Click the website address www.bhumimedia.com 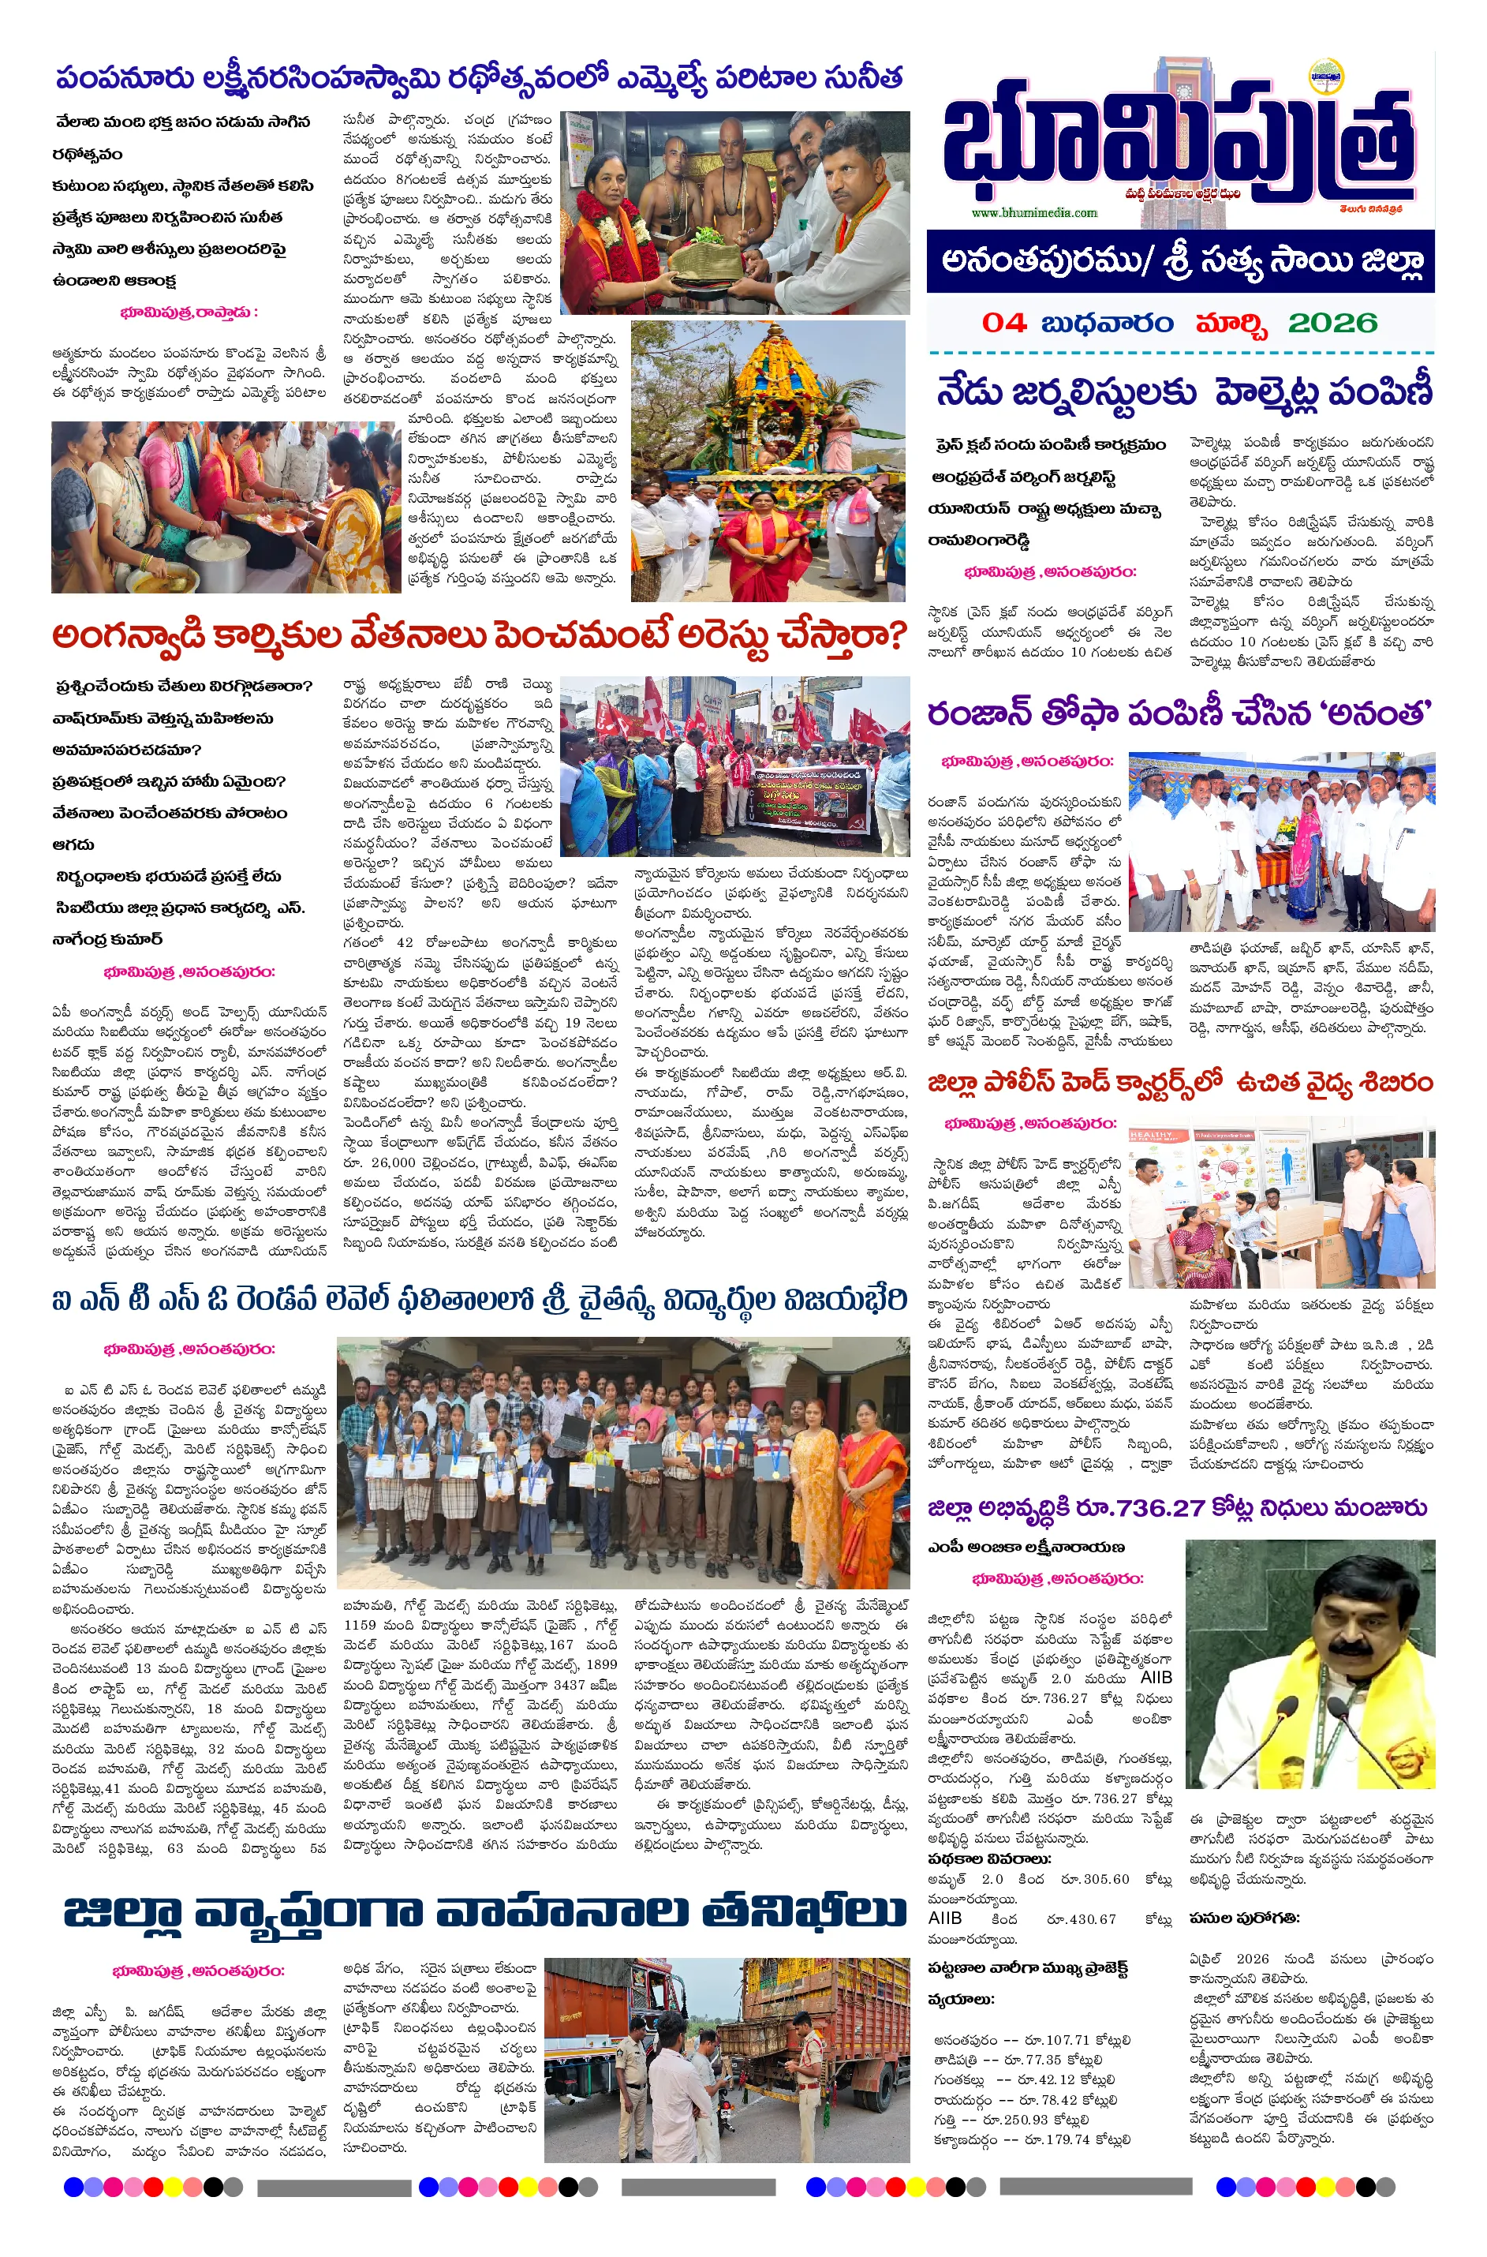click(1033, 213)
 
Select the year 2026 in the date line click(1332, 323)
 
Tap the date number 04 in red click(1004, 323)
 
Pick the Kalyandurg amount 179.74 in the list click(1070, 2139)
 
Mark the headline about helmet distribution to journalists click(1183, 391)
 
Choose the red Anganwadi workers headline click(480, 634)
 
